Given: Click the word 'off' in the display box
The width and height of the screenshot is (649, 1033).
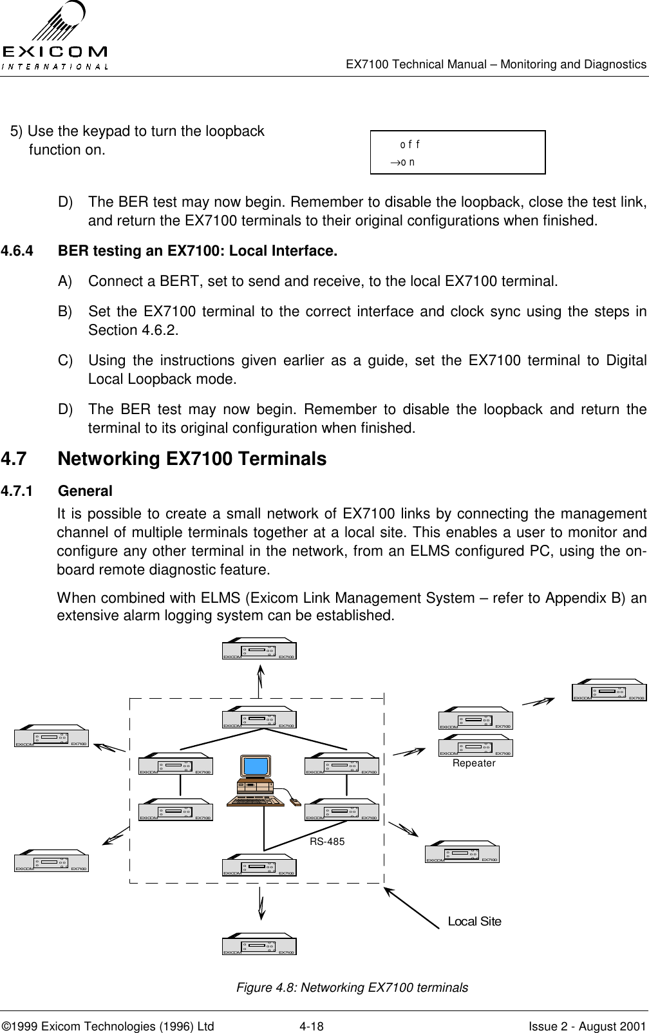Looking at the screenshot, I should point(410,144).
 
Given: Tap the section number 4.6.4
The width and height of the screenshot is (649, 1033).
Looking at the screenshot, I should point(21,251).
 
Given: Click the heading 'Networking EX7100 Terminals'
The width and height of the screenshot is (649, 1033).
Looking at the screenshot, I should point(192,459).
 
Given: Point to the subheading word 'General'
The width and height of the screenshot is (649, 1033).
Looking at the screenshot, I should point(85,491).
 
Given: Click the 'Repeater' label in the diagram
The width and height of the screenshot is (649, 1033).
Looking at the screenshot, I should point(475,763).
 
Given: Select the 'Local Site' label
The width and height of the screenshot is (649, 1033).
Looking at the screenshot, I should point(475,921).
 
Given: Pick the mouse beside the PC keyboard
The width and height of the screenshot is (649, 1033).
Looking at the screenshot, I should point(295,802).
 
